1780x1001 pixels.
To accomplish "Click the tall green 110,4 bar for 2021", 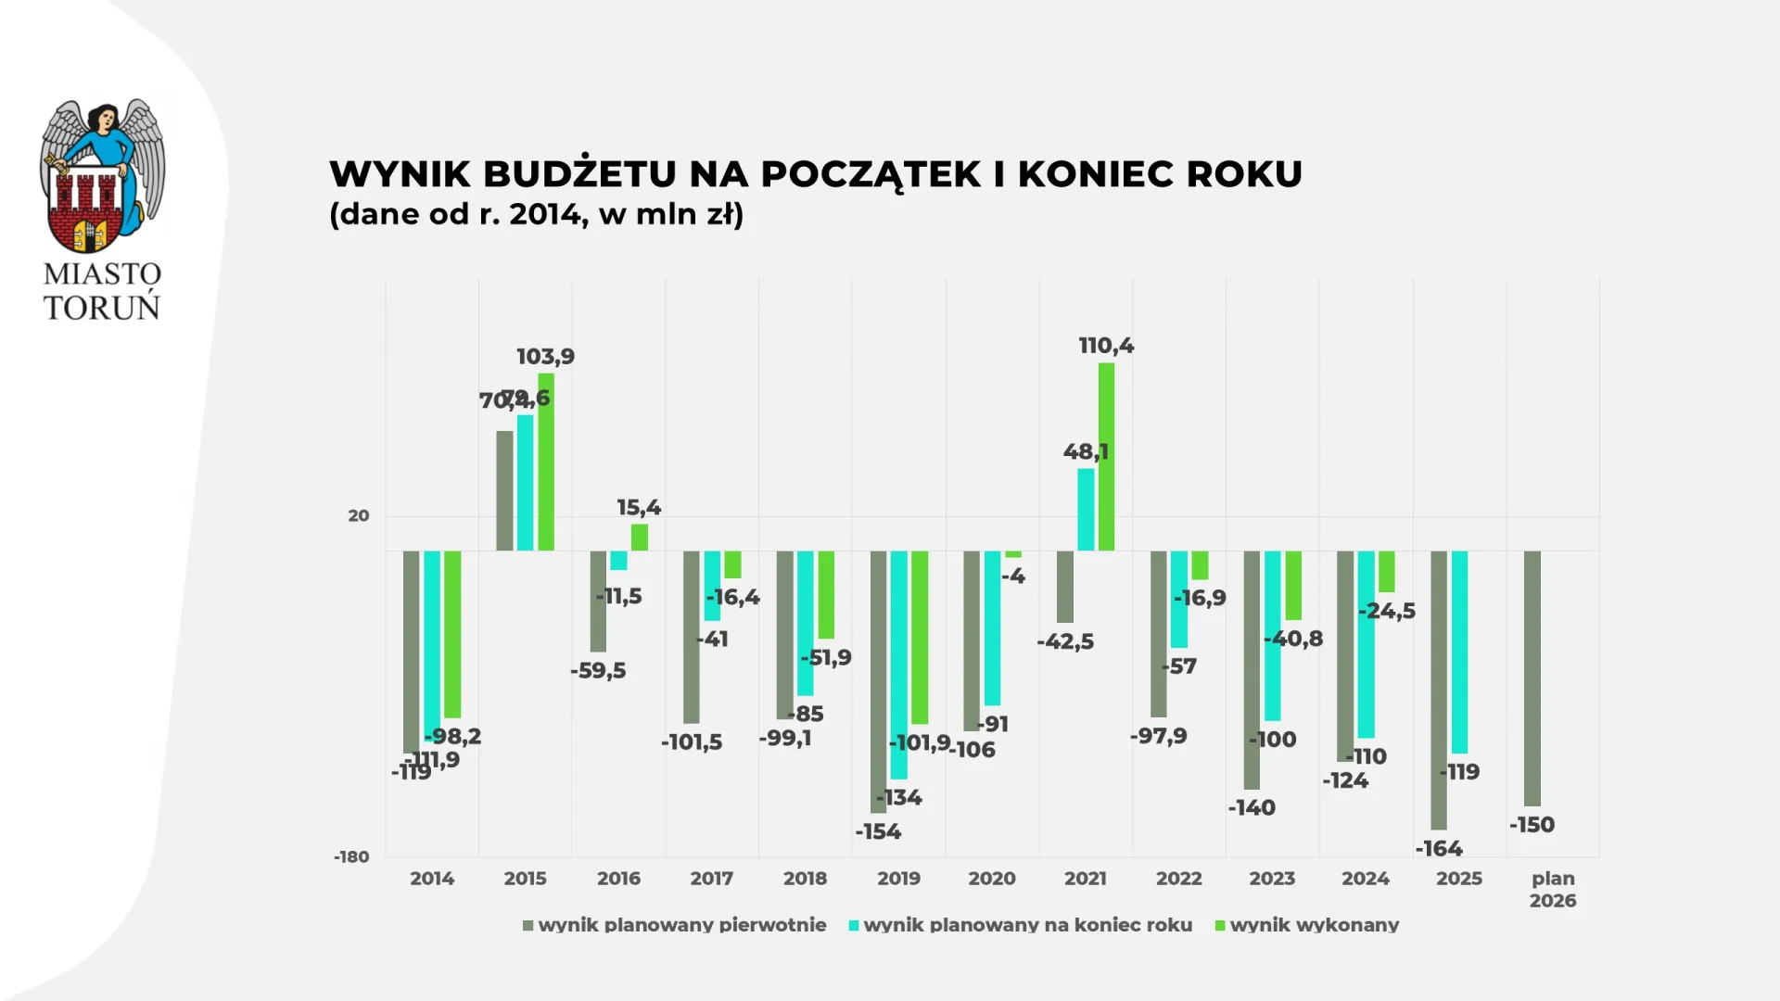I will point(1106,456).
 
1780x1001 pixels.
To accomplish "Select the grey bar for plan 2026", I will point(1532,678).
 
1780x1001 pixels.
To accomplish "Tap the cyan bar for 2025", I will point(1459,652).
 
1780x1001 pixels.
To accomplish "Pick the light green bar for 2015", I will point(546,462).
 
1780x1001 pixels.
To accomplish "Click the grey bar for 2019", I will point(878,681).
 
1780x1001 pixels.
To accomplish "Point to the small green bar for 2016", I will point(640,538).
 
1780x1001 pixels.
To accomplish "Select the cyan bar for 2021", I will point(1086,510).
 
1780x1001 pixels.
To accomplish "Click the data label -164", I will point(1439,848).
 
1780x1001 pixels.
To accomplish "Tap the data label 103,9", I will point(545,357).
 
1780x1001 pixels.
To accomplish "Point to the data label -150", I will point(1532,825).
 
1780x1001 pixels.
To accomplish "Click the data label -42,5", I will point(1065,641).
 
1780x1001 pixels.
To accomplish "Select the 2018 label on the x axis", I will point(805,879).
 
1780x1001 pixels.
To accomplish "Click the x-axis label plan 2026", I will point(1553,889).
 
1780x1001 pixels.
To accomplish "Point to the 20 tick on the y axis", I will point(359,516).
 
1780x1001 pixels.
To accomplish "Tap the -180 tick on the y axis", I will point(351,857).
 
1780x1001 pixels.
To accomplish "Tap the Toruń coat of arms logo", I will point(102,176).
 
